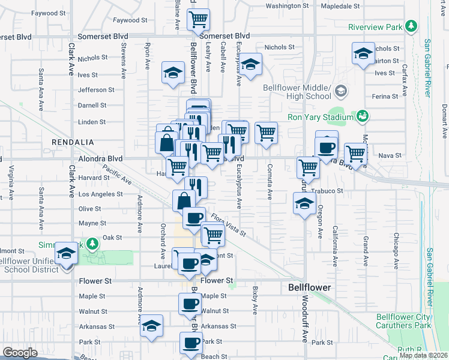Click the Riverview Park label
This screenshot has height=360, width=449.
(375, 27)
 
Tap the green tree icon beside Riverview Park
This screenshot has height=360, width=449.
(411, 26)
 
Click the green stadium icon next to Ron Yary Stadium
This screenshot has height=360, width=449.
(363, 115)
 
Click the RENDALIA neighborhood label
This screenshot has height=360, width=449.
(73, 142)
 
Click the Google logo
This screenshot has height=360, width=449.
(20, 353)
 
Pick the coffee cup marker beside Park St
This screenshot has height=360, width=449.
(191, 343)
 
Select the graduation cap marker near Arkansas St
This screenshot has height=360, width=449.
(152, 326)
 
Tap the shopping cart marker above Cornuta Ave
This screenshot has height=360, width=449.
(266, 133)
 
